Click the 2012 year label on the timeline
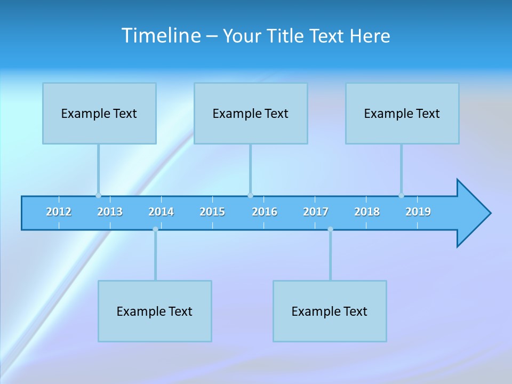tap(59, 212)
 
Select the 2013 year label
tap(110, 212)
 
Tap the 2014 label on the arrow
tap(161, 212)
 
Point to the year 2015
tap(212, 212)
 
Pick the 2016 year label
tap(265, 212)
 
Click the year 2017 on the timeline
tap(316, 212)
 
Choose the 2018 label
tap(367, 212)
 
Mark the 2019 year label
tap(418, 212)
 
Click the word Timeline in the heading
tap(161, 36)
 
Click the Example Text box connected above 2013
tap(99, 113)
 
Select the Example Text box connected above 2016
tap(251, 113)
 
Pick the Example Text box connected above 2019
tap(402, 113)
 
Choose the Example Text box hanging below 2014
tap(155, 311)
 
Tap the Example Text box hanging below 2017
tap(330, 311)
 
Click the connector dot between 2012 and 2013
tap(98, 195)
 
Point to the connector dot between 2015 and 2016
tap(250, 195)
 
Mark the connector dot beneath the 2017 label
tap(330, 229)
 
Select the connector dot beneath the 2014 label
tap(155, 229)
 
